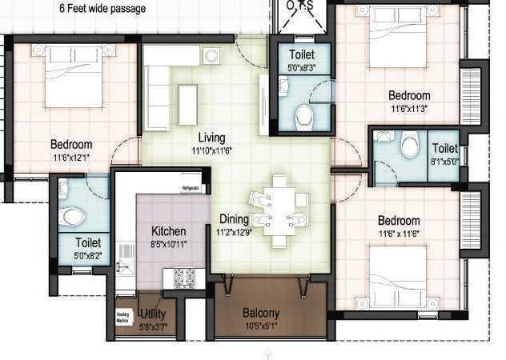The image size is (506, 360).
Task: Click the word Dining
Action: (235, 218)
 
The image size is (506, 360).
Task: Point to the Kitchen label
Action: (169, 231)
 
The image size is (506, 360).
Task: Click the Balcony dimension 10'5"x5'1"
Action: (261, 326)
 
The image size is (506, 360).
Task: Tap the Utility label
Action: (152, 314)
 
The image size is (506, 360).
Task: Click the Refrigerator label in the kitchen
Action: (191, 188)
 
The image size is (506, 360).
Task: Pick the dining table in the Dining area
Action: (278, 210)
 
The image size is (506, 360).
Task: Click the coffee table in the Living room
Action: (187, 104)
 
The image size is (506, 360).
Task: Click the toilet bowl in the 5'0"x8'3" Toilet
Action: (304, 118)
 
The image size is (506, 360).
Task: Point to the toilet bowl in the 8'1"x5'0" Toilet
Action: (410, 146)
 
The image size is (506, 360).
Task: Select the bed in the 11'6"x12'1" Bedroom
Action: (74, 78)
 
